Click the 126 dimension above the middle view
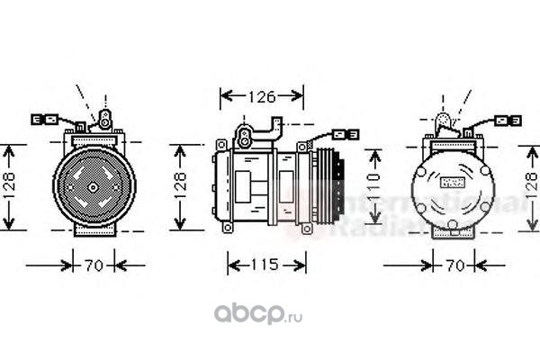tap(262, 94)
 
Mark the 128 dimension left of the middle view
tap(180, 185)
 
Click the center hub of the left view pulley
tap(92, 186)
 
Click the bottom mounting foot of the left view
tap(92, 232)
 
